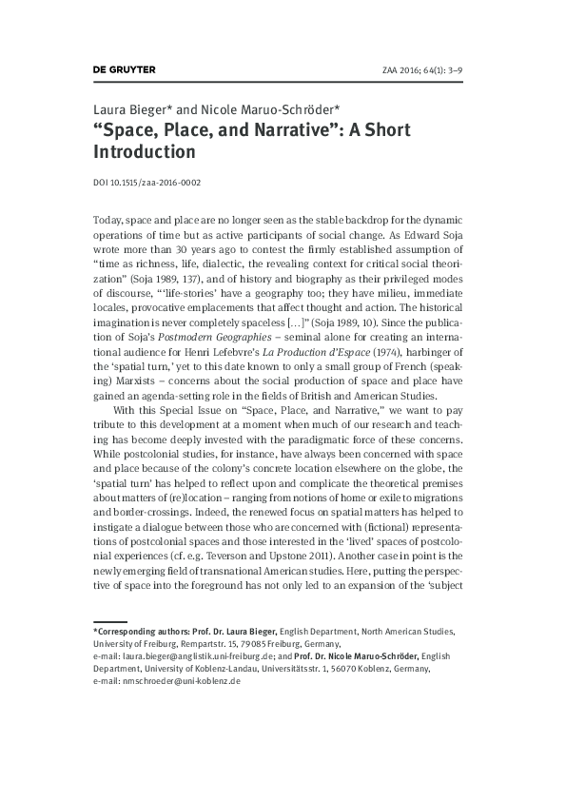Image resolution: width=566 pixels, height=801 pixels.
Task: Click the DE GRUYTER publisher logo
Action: click(x=124, y=69)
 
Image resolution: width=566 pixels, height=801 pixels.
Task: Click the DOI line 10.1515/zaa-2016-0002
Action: click(x=146, y=182)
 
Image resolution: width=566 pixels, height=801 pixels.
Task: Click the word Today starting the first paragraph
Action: click(x=108, y=220)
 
